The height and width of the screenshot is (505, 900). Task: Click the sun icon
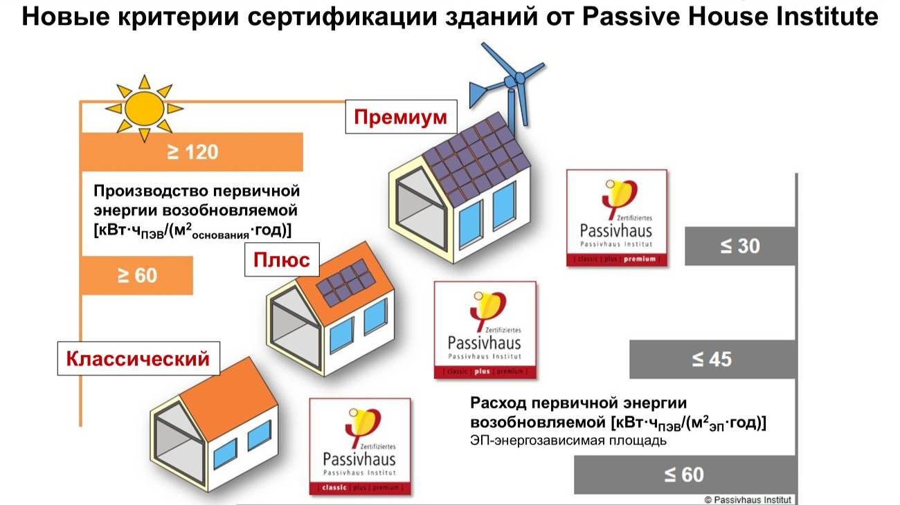pyautogui.click(x=143, y=107)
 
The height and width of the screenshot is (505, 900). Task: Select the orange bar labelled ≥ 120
pyautogui.click(x=192, y=152)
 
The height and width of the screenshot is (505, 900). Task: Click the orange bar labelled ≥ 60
pyautogui.click(x=137, y=275)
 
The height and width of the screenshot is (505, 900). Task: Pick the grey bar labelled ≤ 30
pyautogui.click(x=739, y=246)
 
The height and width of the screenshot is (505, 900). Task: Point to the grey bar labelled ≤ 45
pyautogui.click(x=712, y=360)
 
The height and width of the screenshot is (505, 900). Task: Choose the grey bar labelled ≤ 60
pyautogui.click(x=684, y=475)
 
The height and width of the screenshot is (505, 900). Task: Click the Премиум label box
pyautogui.click(x=401, y=118)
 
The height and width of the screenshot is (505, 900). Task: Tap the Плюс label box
pyautogui.click(x=281, y=261)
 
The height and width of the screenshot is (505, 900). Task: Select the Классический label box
pyautogui.click(x=138, y=359)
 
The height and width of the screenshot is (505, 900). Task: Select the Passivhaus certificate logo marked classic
pyautogui.click(x=359, y=446)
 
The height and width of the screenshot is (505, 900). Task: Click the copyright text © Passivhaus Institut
pyautogui.click(x=748, y=499)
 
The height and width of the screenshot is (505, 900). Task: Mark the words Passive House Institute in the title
pyautogui.click(x=730, y=17)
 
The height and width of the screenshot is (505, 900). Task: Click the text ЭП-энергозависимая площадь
pyautogui.click(x=568, y=441)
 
